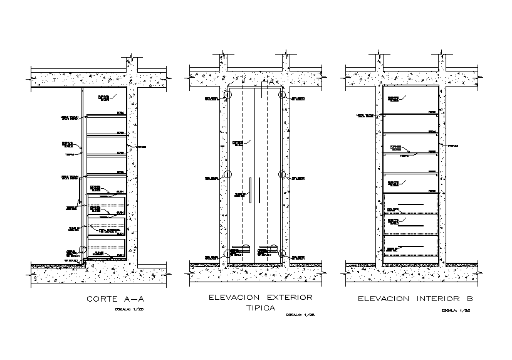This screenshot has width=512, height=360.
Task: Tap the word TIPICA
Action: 260,309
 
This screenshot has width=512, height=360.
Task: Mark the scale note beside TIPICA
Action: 300,315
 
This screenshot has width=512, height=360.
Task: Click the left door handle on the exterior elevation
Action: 249,191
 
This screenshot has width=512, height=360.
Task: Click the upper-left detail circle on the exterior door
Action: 227,96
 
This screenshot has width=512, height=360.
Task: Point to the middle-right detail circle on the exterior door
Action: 283,176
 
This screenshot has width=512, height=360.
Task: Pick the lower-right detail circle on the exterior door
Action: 283,254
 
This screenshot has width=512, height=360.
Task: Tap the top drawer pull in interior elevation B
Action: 414,204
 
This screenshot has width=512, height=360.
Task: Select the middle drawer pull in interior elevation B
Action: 414,225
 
